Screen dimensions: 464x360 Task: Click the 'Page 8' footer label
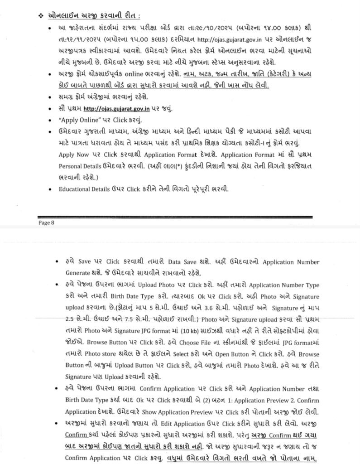tap(46, 222)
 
